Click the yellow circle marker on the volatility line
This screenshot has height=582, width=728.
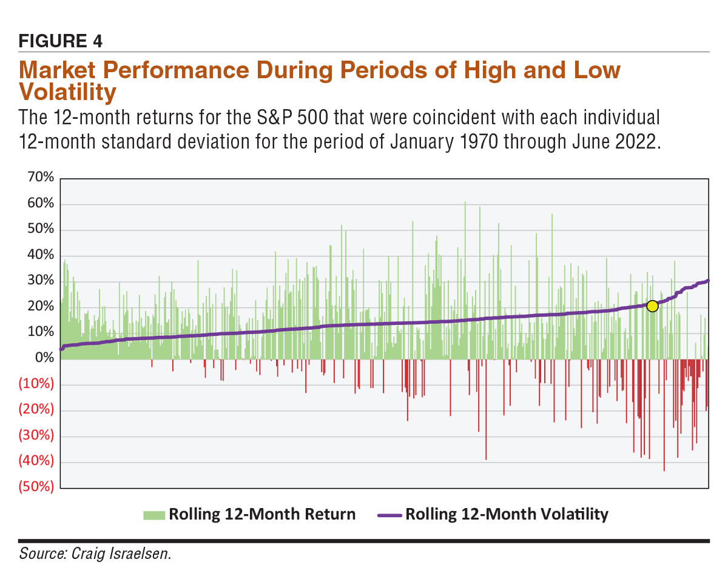pyautogui.click(x=652, y=306)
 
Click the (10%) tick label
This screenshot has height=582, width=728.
pyautogui.click(x=36, y=384)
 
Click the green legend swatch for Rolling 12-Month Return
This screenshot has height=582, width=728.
pyautogui.click(x=154, y=515)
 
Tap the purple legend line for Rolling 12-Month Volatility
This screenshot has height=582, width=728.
pyautogui.click(x=389, y=515)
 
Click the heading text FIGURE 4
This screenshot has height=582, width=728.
pyautogui.click(x=61, y=41)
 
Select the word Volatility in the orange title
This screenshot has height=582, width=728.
pyautogui.click(x=67, y=93)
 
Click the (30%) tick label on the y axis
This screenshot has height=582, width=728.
pyautogui.click(x=36, y=435)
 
